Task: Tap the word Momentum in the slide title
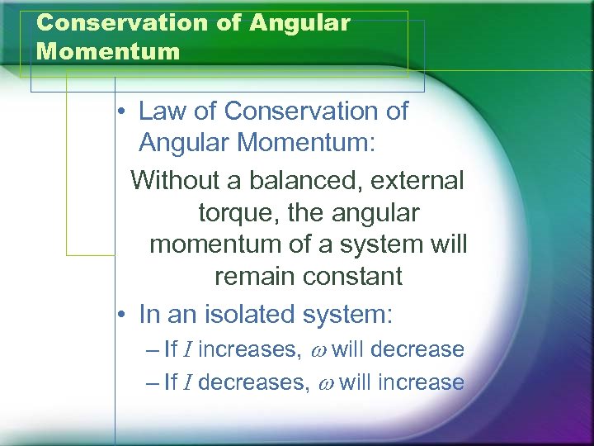(x=108, y=52)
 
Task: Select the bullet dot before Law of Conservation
(x=120, y=111)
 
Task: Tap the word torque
(x=233, y=213)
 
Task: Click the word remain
(x=253, y=277)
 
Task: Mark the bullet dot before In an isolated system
(x=120, y=315)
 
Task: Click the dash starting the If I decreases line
(x=151, y=383)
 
